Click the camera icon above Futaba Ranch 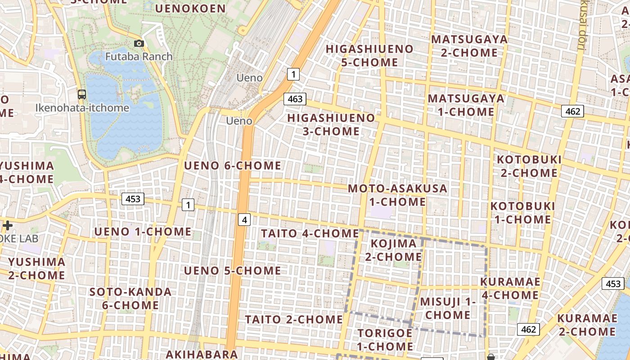point(139,43)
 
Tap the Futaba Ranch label point(139,57)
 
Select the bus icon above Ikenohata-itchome point(82,94)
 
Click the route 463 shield point(295,99)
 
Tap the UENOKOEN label point(190,8)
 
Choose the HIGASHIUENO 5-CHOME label point(369,55)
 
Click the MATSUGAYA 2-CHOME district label point(469,46)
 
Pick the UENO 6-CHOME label point(233,166)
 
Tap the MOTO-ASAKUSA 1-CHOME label point(398,195)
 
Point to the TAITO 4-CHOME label point(310,233)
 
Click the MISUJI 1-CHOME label point(448,308)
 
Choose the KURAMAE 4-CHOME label point(510,288)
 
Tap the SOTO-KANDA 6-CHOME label point(130,298)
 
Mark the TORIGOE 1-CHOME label point(385,340)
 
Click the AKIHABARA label point(201,354)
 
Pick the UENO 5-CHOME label point(233,270)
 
